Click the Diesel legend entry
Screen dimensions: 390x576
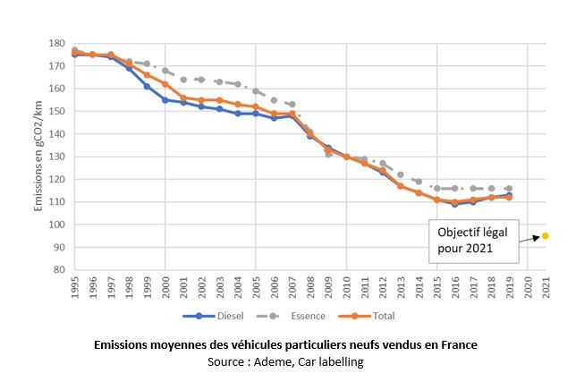[x=213, y=316]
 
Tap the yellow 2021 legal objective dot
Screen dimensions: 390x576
[x=546, y=236]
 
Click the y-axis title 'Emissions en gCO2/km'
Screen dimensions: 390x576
[x=39, y=156]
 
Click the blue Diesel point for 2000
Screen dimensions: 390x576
[x=165, y=100]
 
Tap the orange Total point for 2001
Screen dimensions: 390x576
[x=182, y=97]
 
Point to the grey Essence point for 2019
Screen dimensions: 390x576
[x=509, y=189]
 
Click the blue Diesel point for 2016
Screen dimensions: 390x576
[x=454, y=204]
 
